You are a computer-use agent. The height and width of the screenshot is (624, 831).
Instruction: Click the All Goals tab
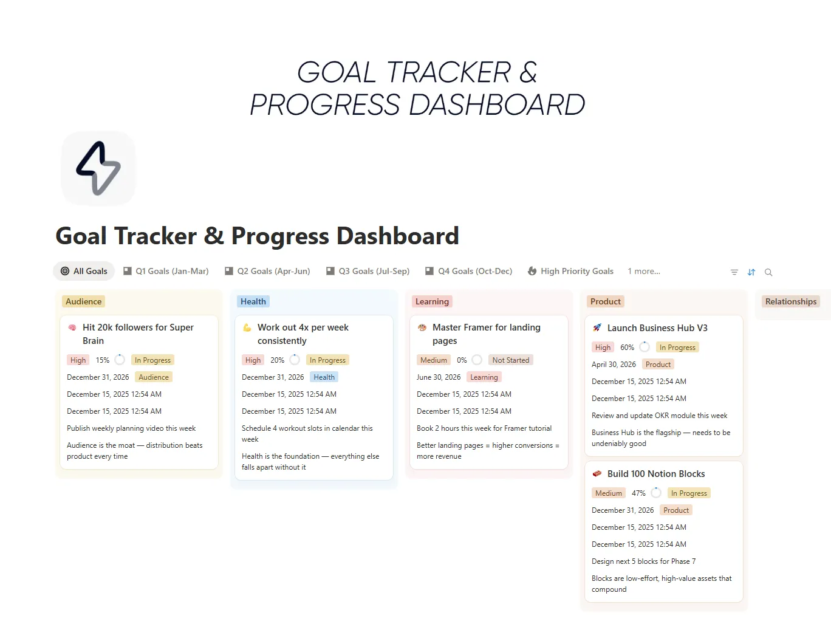click(84, 271)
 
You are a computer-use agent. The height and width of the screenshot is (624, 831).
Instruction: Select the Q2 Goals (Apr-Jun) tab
click(267, 271)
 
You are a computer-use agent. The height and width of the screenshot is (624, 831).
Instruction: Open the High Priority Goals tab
click(570, 271)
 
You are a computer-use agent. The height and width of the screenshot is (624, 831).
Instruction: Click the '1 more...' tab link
click(644, 271)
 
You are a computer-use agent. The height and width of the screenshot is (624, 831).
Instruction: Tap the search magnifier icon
click(768, 272)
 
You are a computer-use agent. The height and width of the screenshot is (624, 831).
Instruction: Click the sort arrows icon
click(751, 272)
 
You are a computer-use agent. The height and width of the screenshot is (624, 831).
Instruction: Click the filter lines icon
click(734, 272)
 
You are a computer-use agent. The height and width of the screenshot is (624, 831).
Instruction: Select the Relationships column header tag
click(790, 301)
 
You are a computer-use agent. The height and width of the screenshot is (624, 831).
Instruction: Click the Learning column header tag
click(432, 301)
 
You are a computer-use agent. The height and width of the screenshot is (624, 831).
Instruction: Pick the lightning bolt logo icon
click(98, 168)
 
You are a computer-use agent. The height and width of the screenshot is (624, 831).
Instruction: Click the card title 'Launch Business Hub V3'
click(657, 328)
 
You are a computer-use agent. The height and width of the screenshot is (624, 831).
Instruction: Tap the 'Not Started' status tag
click(510, 360)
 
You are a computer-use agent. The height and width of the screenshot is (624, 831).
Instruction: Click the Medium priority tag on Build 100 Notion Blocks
click(608, 493)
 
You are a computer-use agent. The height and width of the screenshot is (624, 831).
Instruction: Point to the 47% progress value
click(638, 493)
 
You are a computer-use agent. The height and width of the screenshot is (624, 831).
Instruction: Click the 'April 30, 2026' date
click(614, 365)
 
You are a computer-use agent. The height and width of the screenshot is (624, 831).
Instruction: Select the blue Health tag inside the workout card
click(324, 377)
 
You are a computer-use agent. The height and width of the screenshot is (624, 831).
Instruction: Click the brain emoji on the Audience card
click(72, 327)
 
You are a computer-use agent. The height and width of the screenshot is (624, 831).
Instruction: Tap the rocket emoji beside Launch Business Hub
click(597, 328)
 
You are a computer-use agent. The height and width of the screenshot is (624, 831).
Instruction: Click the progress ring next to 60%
click(645, 347)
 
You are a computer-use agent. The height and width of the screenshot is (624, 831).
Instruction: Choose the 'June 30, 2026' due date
click(439, 377)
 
